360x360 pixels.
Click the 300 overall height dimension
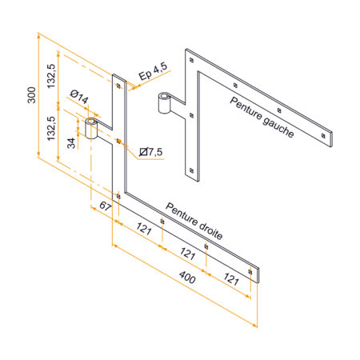[32, 95]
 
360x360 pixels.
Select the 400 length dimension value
[187, 278]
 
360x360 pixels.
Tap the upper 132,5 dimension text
[51, 76]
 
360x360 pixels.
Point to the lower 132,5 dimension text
[51, 129]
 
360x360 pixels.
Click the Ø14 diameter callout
[79, 97]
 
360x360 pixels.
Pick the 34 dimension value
[71, 143]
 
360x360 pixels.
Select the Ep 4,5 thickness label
[153, 71]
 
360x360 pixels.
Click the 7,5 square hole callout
[151, 152]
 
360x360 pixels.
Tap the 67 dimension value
[106, 206]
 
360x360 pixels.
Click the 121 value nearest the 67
[144, 229]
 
